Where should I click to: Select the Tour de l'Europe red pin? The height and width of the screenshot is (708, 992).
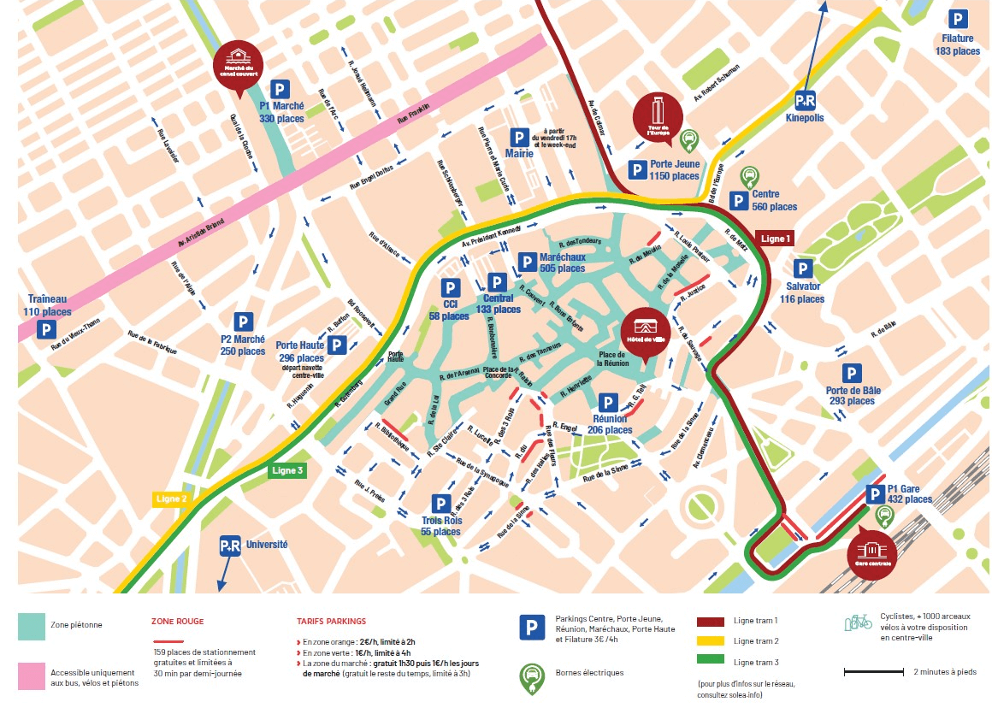[x=658, y=115]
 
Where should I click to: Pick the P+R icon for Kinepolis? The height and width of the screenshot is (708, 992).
[x=805, y=100]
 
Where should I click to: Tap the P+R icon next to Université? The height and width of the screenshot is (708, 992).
[x=230, y=545]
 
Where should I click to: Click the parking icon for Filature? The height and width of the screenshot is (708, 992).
[x=958, y=19]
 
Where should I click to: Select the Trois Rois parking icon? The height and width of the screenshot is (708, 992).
[x=440, y=504]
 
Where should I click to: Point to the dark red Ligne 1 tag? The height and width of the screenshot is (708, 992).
[x=776, y=238]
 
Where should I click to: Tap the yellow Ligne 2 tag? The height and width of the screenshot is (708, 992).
[x=171, y=498]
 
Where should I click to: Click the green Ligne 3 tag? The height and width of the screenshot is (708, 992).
[x=286, y=470]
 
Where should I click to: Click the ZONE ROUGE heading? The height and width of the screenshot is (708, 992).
[x=177, y=621]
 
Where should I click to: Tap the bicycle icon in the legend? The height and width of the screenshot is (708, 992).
[x=857, y=622]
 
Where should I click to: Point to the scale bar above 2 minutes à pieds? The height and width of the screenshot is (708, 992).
[x=873, y=671]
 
